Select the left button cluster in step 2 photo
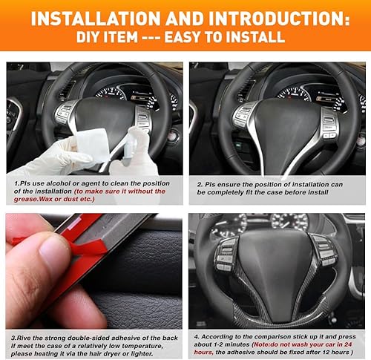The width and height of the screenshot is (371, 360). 243,117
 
